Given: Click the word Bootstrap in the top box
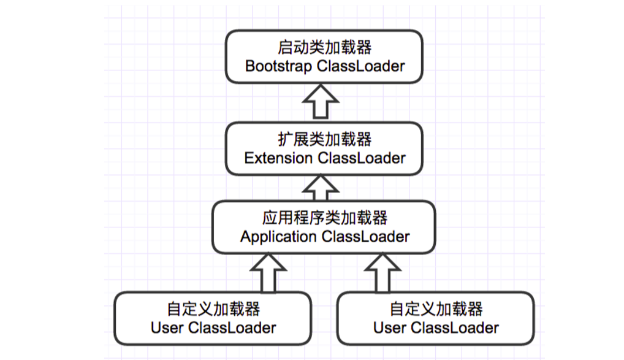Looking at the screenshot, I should click(x=279, y=66).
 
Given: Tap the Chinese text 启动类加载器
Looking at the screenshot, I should click(x=324, y=48).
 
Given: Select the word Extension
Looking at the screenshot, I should click(x=278, y=158).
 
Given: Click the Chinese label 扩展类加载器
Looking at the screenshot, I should click(x=324, y=140).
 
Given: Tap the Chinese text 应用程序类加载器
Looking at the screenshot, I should click(x=324, y=218).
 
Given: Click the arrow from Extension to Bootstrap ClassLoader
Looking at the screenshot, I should click(x=324, y=101).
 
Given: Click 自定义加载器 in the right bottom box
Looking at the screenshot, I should click(x=435, y=309).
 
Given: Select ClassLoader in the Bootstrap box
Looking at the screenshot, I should click(x=361, y=66).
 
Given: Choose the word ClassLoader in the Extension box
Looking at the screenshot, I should click(x=361, y=158).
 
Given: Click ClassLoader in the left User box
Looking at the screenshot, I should click(x=232, y=328).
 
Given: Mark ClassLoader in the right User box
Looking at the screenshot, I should click(x=454, y=328).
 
